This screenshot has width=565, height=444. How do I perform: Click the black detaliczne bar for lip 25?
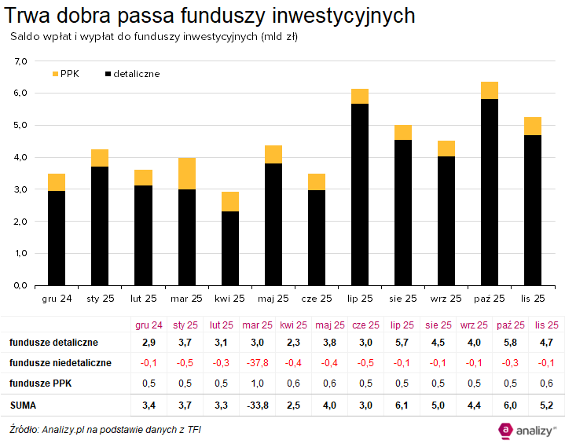pos(360,194)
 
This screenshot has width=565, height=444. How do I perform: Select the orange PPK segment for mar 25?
pos(187,173)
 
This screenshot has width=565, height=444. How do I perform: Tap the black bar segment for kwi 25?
pos(230,248)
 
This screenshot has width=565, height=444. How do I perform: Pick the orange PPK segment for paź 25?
pos(490,90)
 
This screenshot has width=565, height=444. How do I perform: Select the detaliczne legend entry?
pos(131,73)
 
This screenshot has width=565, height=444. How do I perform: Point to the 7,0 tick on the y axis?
pos(20,61)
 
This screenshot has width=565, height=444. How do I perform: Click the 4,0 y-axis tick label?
pos(20,157)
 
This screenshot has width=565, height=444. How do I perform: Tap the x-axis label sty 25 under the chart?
pos(101,299)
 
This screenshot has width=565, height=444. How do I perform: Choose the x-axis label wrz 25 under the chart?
pos(446,299)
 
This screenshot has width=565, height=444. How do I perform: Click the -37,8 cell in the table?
pos(257,363)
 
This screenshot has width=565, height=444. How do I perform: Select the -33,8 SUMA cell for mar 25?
pos(257,405)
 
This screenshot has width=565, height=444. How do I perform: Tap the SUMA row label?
pos(24,405)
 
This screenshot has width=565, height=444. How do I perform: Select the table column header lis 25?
pos(547,325)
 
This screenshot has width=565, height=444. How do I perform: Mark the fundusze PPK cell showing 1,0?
pos(257,383)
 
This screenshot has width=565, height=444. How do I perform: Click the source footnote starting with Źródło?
pos(100,430)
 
